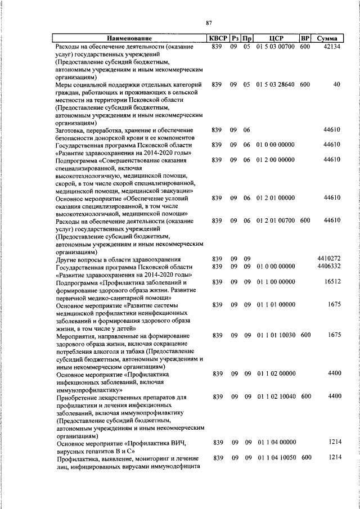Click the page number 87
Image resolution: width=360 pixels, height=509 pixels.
208,22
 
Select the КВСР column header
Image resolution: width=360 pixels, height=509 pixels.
218,38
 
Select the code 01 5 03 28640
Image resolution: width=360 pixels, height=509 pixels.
276,84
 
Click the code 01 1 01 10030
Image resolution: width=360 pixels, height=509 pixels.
276,336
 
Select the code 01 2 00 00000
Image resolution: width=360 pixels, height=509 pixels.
276,160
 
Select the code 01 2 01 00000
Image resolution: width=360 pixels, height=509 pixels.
276,198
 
